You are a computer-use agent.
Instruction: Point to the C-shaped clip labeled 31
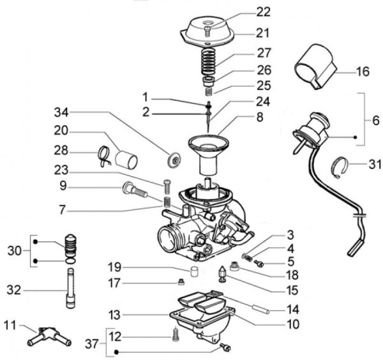(343, 167)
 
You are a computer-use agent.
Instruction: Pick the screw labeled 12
(174, 331)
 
